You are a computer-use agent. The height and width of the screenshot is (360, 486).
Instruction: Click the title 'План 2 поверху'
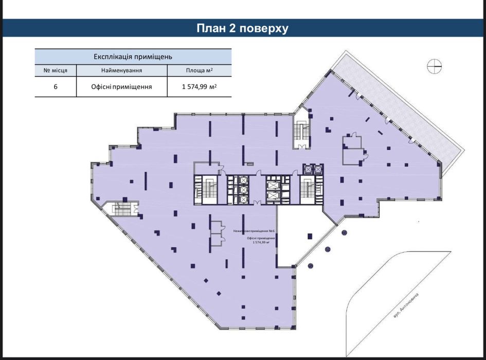243,28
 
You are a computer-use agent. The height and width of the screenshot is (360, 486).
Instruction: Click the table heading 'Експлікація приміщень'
133,56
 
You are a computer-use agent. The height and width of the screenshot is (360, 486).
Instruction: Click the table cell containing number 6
56,87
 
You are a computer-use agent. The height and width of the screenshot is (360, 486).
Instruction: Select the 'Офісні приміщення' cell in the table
121,87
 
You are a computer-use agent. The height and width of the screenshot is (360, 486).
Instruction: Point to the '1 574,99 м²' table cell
199,87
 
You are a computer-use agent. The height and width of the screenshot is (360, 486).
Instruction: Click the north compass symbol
434,65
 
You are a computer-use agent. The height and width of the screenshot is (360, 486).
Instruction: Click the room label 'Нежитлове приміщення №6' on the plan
254,231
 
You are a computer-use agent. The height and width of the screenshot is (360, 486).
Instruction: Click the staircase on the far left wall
122,209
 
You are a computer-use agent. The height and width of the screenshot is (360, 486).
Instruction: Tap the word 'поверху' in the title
265,28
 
